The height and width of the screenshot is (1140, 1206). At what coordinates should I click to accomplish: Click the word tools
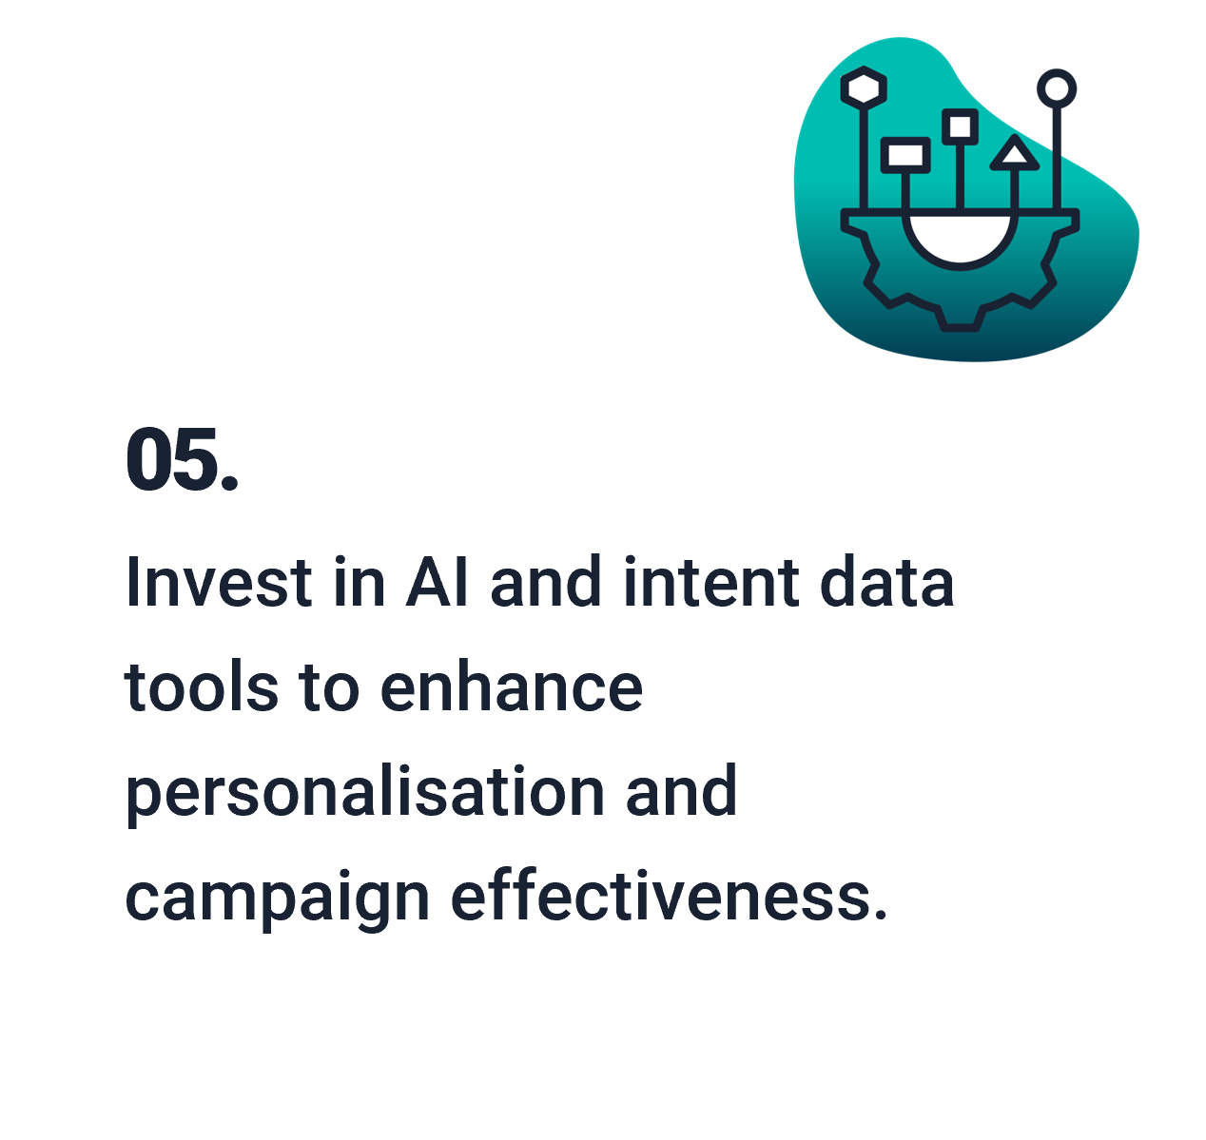202,686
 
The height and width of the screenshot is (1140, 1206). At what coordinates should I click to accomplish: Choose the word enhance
512,686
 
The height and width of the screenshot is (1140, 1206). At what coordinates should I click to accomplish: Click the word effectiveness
670,895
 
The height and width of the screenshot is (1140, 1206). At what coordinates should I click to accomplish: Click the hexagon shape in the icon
863,87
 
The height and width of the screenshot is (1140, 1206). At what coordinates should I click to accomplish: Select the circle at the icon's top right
1057,88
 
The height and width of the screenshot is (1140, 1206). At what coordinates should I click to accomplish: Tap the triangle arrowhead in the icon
1014,152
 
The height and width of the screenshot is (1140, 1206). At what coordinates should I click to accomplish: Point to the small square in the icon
960,127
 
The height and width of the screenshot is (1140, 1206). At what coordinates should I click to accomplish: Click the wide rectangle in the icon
905,155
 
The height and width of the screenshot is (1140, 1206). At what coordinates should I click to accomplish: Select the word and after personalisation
681,790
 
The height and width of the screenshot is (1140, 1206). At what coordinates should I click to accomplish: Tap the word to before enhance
329,686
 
